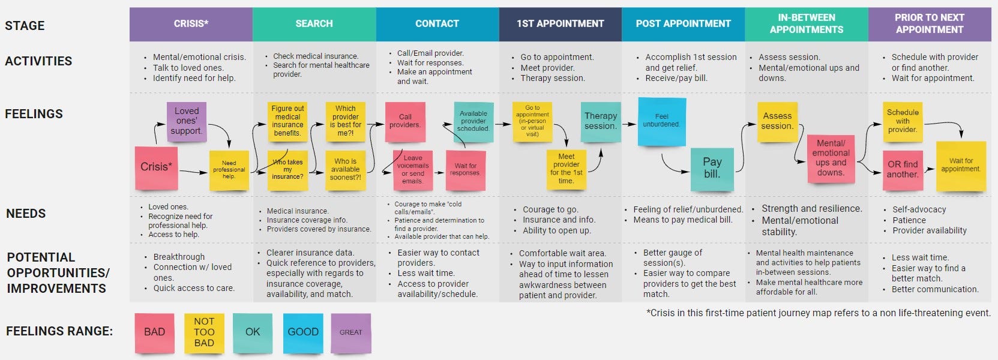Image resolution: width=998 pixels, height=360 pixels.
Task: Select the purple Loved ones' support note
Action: (187, 121)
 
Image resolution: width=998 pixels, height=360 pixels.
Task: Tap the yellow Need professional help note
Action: (229, 170)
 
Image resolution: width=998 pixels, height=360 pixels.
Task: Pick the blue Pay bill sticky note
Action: (712, 168)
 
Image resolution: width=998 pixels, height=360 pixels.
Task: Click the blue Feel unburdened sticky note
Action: (661, 121)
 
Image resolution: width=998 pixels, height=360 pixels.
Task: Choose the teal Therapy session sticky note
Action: (600, 121)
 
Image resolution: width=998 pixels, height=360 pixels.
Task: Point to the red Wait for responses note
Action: (465, 170)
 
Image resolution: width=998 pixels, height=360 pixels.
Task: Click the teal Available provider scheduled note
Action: (473, 121)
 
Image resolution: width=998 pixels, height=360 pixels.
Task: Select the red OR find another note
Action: (903, 170)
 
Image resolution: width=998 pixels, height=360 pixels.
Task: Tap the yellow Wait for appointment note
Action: (961, 166)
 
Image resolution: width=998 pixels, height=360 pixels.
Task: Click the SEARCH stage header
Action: (314, 24)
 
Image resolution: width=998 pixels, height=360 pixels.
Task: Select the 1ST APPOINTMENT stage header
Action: (560, 24)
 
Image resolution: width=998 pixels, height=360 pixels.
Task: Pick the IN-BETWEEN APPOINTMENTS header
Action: (806, 24)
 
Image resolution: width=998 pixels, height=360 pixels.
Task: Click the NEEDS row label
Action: (26, 214)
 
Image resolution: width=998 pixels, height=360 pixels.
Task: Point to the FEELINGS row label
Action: (34, 114)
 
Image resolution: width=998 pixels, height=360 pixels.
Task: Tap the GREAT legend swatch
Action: (351, 332)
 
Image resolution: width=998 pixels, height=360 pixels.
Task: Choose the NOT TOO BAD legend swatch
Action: (204, 332)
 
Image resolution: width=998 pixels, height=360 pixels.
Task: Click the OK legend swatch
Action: (253, 332)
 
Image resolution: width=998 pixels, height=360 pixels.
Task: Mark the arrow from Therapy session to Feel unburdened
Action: (629, 124)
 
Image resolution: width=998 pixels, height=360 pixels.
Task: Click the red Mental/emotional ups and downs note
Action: (831, 158)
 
